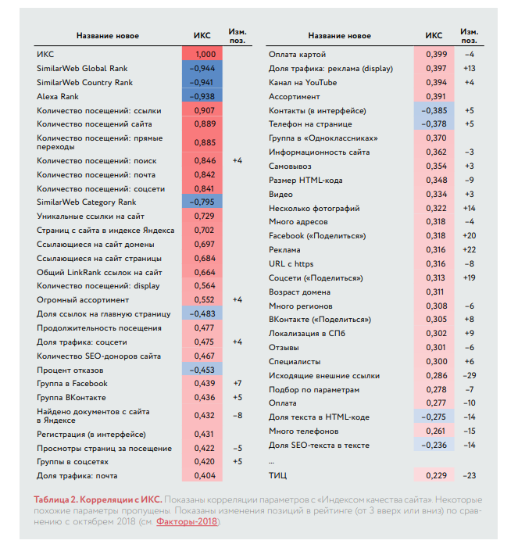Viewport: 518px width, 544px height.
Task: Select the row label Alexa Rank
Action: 58,96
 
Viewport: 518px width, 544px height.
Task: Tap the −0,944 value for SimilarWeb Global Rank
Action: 202,68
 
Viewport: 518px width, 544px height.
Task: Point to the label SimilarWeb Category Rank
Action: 86,202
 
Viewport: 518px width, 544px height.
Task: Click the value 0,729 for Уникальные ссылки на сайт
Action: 205,217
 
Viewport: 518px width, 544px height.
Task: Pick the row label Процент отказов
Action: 70,370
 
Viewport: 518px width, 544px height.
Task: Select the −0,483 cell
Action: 202,314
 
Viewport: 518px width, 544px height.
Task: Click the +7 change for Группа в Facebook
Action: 238,383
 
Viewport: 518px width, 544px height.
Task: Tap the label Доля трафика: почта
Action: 77,476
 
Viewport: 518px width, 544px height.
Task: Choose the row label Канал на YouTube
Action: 302,83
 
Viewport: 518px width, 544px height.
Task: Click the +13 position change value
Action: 470,68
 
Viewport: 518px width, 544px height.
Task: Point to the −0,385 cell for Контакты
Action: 434,111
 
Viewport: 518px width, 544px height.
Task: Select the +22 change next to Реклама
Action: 470,250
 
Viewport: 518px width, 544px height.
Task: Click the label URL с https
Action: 291,263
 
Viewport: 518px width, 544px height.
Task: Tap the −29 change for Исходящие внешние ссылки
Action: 470,376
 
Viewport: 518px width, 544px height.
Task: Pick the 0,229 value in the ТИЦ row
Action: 436,476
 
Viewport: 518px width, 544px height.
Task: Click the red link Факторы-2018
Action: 187,521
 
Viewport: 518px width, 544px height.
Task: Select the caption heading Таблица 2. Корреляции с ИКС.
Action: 98,499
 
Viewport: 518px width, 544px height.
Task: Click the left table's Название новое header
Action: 108,36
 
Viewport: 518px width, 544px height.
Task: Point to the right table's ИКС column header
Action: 434,35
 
